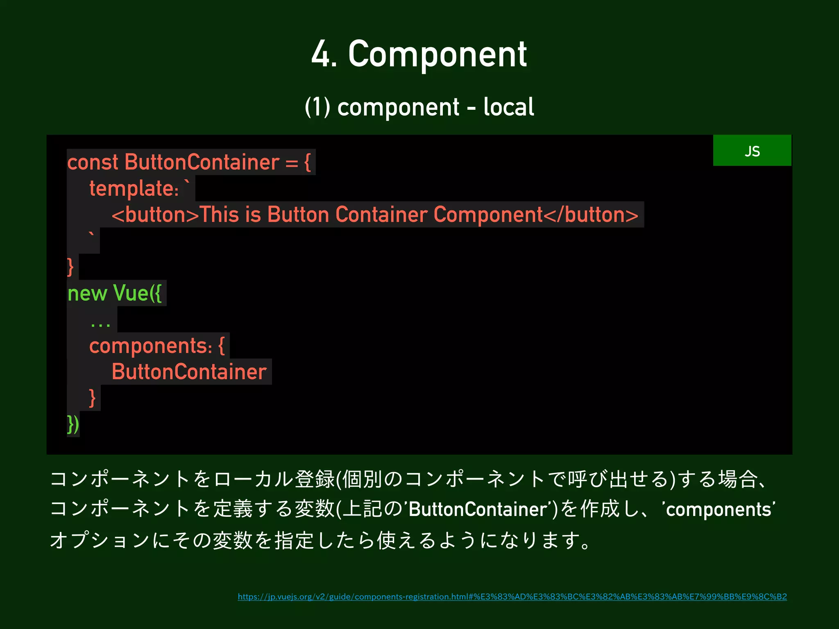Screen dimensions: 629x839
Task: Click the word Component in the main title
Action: click(x=437, y=54)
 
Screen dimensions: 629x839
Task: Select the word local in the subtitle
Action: click(x=508, y=107)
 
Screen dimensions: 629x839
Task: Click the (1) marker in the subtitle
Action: click(x=317, y=107)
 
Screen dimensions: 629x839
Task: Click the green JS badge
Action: click(x=752, y=151)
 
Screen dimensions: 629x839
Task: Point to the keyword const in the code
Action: click(x=93, y=162)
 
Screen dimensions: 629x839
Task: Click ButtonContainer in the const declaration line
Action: click(x=202, y=162)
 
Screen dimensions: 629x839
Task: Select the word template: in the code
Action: click(x=134, y=189)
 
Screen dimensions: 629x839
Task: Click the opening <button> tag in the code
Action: click(x=155, y=215)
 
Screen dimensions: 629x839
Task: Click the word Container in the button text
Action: click(x=381, y=215)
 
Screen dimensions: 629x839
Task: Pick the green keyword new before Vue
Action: click(x=87, y=294)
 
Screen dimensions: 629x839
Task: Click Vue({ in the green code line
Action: click(x=137, y=294)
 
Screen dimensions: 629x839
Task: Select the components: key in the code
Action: click(x=150, y=346)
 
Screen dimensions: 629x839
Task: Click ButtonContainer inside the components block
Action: click(x=189, y=372)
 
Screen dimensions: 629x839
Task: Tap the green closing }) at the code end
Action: click(x=73, y=424)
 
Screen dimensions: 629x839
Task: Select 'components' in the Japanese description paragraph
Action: click(x=719, y=509)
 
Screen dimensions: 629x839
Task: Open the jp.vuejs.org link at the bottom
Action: click(x=512, y=597)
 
